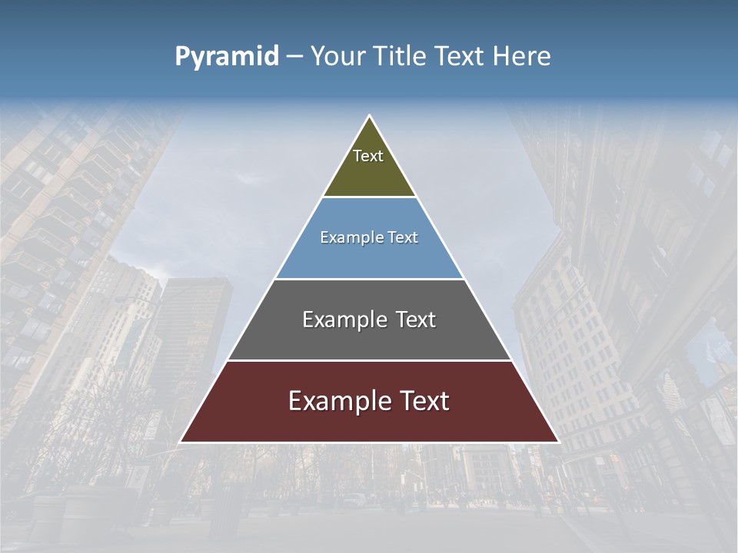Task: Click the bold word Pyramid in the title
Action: point(227,57)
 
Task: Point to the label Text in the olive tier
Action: point(368,156)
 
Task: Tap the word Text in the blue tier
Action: point(404,237)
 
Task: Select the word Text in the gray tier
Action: point(416,320)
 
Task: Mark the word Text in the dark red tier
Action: point(423,401)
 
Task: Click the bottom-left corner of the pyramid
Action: point(181,442)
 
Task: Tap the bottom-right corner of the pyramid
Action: point(558,442)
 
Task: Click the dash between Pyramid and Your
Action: point(294,57)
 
